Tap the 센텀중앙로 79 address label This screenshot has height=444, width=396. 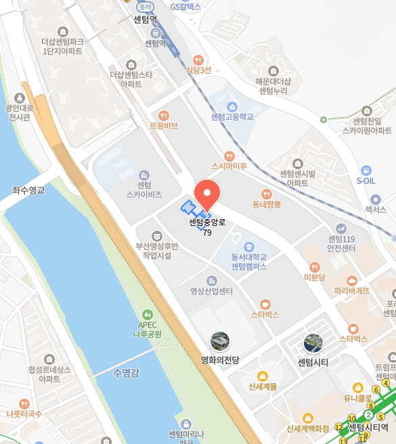[207, 227]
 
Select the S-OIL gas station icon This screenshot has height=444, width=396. [366, 171]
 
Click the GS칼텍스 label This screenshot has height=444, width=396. [185, 7]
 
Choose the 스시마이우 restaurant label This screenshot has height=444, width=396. [229, 166]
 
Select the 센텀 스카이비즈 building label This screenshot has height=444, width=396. [144, 190]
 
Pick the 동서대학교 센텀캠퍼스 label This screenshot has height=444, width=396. [249, 262]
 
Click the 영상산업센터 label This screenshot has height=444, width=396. [211, 292]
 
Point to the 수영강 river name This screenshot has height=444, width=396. [127, 372]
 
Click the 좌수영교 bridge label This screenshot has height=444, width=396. [28, 190]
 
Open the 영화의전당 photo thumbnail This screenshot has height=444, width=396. [220, 341]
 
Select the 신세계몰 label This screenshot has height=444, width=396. [263, 386]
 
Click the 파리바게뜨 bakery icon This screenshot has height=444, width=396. [351, 280]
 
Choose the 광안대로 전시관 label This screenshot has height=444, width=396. [18, 112]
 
